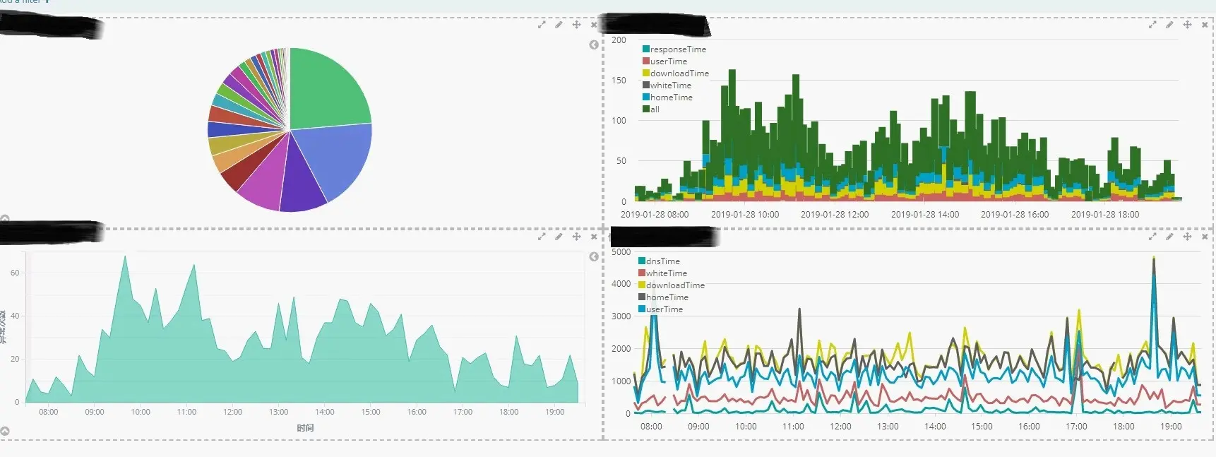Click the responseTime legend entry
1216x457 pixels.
point(677,49)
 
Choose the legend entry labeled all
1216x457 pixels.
point(654,109)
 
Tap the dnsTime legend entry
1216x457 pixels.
point(662,261)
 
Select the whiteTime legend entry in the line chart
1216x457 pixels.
point(666,273)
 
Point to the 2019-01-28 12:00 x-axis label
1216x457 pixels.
point(835,215)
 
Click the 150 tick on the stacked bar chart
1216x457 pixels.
point(619,81)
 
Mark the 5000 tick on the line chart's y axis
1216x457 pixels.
point(621,252)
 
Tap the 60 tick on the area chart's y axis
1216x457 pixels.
point(15,273)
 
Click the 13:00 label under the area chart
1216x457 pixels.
point(278,412)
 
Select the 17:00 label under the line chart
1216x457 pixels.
point(1076,427)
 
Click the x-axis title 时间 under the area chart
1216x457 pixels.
point(305,428)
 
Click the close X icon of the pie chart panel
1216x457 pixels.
point(593,25)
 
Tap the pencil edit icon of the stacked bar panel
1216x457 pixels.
point(1169,25)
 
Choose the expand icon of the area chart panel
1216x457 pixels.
point(542,237)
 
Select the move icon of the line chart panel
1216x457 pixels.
point(1187,237)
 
